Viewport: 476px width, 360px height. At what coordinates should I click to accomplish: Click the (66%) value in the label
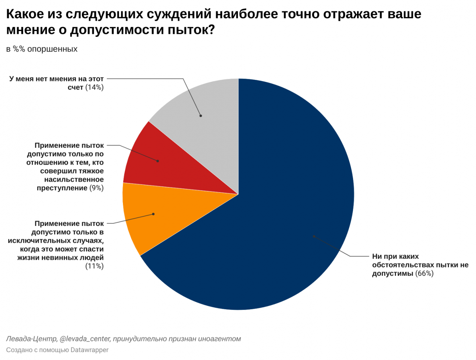pos(424,274)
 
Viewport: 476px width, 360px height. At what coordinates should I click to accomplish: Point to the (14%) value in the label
pos(94,87)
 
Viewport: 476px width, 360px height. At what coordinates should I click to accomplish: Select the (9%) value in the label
pos(96,188)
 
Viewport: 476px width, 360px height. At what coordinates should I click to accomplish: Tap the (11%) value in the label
pos(94,266)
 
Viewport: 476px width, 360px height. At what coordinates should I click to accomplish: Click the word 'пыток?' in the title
pos(191,30)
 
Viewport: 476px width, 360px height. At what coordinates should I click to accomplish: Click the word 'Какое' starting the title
pos(25,14)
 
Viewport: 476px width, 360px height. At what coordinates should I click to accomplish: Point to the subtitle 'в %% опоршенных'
pos(42,49)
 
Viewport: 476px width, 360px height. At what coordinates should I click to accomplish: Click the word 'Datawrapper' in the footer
pos(89,350)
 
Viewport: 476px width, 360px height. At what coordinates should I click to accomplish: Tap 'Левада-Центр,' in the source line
pos(32,339)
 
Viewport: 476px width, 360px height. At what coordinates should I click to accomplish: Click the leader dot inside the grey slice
pos(201,116)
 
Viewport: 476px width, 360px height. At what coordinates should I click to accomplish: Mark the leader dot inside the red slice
pos(158,161)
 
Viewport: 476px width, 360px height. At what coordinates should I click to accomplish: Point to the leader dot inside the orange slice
pos(153,214)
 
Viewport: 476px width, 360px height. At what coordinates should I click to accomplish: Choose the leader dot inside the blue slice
pos(314,236)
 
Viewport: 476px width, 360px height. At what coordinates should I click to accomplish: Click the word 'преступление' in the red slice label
pos(62,188)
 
